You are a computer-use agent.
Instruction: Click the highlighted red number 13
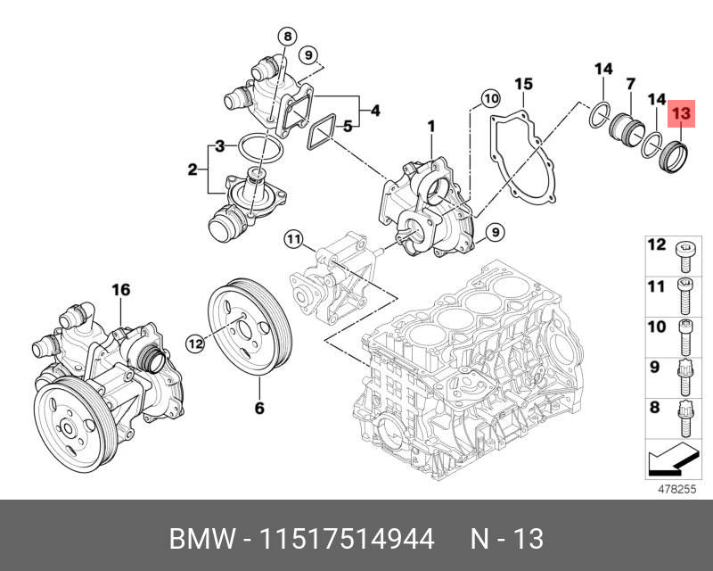681,113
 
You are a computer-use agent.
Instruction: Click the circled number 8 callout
285,37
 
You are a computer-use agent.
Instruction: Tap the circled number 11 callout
294,238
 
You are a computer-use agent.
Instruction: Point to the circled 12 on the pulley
196,341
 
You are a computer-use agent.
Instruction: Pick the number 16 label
120,289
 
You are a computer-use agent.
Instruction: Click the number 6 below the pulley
260,409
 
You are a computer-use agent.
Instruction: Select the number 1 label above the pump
430,128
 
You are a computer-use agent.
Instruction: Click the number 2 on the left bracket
192,170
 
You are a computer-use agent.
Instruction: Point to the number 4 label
375,111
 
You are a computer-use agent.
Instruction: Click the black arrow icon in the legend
671,460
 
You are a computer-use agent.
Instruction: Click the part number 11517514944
345,540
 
